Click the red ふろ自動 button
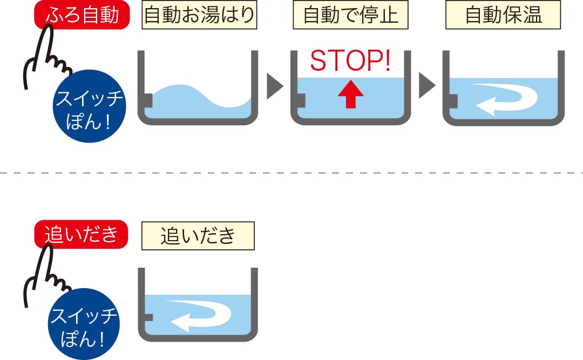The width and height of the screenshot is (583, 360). click(82, 15)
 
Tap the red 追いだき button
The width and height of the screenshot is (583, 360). click(81, 234)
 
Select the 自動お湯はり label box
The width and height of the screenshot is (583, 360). click(199, 15)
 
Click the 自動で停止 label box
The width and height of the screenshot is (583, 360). click(351, 15)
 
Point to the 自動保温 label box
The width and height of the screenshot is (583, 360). click(503, 15)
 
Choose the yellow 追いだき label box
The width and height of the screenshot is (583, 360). click(198, 236)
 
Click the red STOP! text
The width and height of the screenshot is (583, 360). click(351, 60)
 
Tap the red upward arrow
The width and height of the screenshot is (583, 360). click(351, 95)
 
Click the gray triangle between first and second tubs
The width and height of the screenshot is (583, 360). click(274, 86)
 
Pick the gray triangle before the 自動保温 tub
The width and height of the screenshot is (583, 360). click(426, 85)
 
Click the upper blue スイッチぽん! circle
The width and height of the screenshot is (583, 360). click(89, 106)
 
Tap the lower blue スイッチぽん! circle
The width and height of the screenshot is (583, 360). click(84, 324)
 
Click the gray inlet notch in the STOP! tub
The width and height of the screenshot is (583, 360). click(301, 100)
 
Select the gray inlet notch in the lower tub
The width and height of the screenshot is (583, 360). click(148, 317)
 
